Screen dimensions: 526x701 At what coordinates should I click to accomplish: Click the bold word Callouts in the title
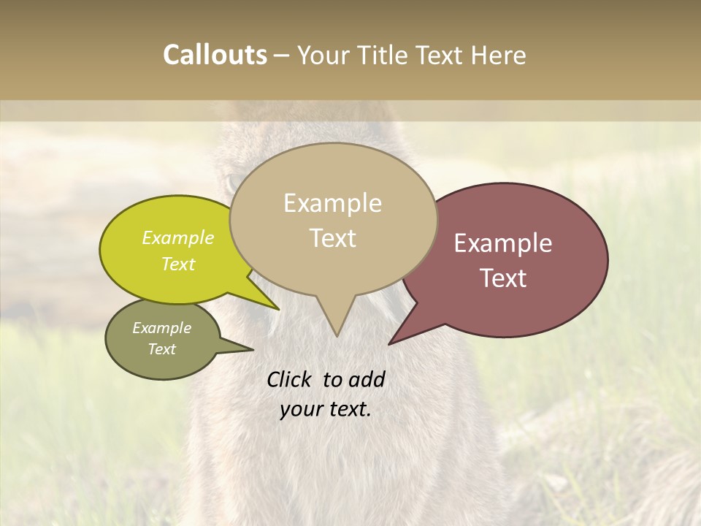[215, 55]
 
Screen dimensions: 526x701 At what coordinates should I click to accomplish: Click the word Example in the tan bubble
[332, 203]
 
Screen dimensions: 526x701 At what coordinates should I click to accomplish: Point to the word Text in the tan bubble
[333, 238]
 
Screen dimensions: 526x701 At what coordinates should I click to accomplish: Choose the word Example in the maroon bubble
[503, 243]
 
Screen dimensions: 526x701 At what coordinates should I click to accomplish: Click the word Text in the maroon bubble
[504, 278]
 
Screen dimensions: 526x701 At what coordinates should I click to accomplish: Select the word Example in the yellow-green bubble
[178, 237]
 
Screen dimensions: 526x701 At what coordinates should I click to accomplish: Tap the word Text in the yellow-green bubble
[178, 264]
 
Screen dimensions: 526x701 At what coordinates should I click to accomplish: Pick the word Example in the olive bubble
[162, 328]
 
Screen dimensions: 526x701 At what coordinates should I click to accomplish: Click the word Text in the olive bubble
[162, 349]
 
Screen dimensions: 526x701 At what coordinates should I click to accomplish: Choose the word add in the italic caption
[366, 379]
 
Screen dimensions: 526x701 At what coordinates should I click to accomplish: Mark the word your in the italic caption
[301, 409]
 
